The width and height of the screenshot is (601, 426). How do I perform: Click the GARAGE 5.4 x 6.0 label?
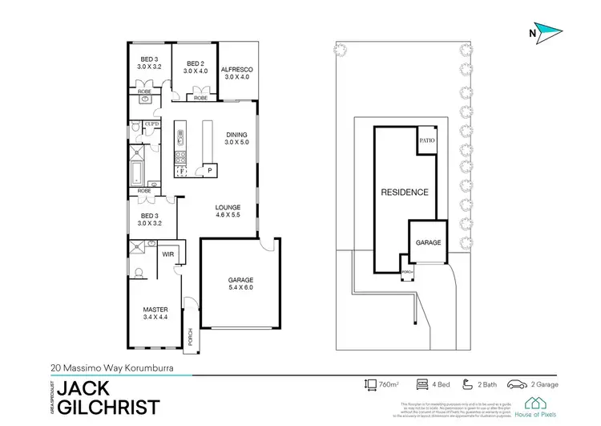pos(240,284)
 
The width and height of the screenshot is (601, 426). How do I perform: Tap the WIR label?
pos(168,254)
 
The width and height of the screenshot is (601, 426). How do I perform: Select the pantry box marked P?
pos(208,170)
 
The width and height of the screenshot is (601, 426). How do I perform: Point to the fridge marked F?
pos(182,170)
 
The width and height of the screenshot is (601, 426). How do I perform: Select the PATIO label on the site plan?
pos(426,140)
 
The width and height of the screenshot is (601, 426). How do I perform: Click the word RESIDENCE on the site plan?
pos(404,193)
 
